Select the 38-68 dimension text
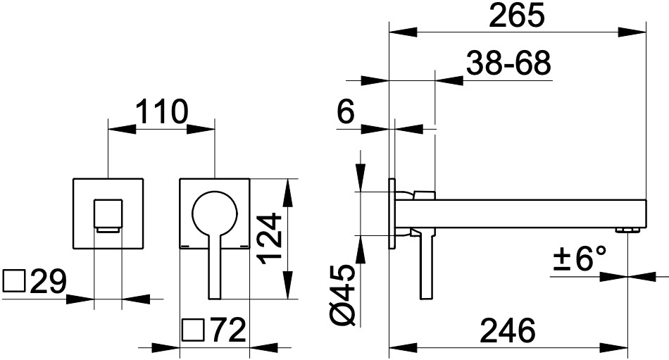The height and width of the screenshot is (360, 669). point(508,63)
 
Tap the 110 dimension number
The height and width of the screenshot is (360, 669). point(162,111)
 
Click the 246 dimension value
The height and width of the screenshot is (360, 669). point(507,330)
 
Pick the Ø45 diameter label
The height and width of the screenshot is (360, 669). point(343,295)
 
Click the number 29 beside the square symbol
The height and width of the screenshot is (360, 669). point(48,281)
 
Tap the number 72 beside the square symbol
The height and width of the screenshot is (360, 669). point(229,330)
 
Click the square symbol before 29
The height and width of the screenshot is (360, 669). point(15,281)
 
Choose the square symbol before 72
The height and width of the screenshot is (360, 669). point(194,330)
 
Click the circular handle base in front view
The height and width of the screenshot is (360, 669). point(215,212)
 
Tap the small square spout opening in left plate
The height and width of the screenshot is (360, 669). point(108,214)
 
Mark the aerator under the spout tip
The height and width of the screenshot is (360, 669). point(627,231)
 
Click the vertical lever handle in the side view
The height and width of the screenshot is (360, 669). point(427,264)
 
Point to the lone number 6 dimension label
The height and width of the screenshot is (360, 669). point(346,112)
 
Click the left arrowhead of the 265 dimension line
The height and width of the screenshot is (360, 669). point(403,32)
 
